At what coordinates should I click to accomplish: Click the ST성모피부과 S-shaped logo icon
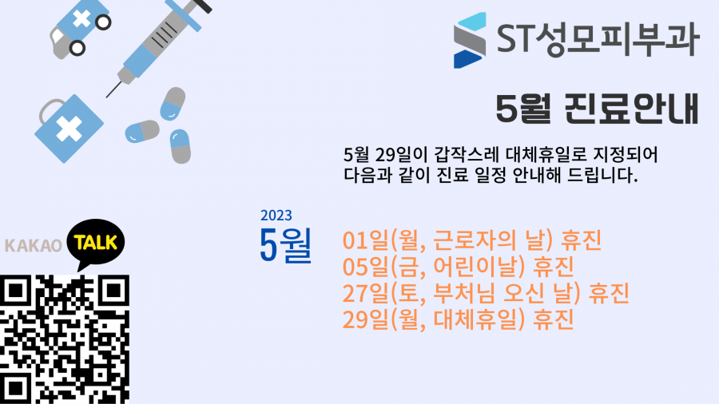(470, 40)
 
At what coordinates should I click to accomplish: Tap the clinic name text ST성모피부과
(598, 39)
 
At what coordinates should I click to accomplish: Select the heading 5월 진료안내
(597, 109)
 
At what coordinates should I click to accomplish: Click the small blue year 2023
(276, 216)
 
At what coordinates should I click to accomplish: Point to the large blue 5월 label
(286, 245)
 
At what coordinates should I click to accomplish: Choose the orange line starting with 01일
(472, 240)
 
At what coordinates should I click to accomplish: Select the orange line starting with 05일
(458, 267)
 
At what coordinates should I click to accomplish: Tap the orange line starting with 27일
(486, 293)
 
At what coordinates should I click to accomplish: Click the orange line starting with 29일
(458, 319)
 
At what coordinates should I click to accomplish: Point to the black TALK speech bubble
(95, 243)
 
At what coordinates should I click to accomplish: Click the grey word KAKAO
(33, 246)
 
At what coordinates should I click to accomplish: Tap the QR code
(65, 339)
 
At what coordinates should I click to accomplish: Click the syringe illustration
(158, 46)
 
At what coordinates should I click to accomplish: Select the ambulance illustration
(80, 29)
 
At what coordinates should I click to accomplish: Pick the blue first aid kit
(69, 129)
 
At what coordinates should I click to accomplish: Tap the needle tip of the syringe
(107, 97)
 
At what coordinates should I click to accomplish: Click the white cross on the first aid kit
(70, 128)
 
